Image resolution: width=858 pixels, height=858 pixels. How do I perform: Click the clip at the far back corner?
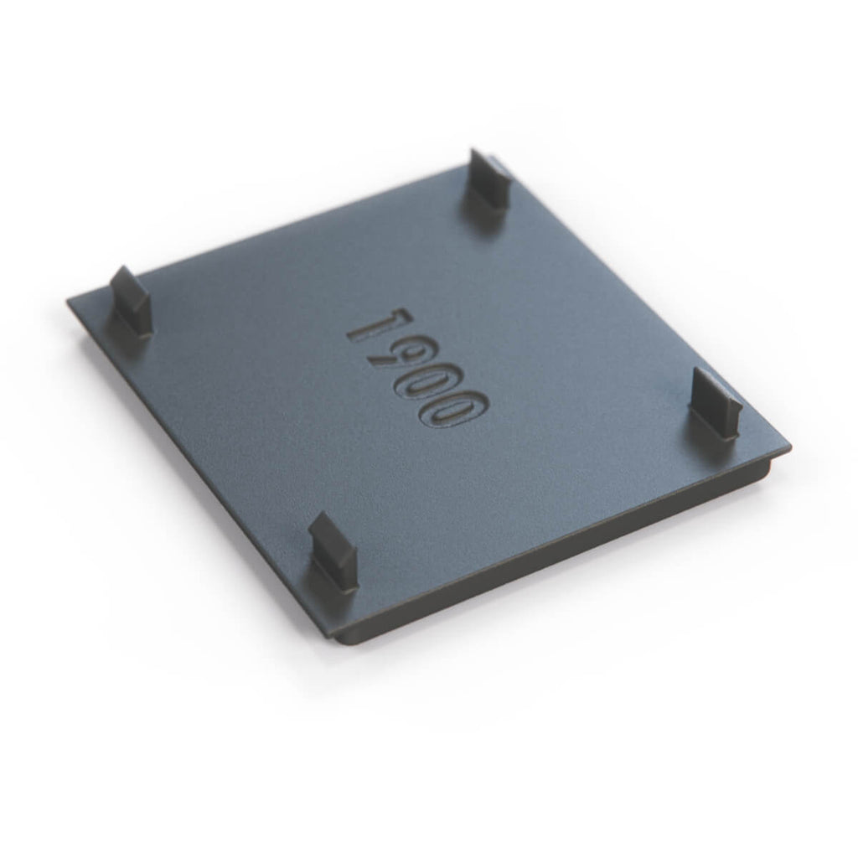(487, 183)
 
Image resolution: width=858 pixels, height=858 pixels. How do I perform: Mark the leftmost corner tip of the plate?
(67, 301)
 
